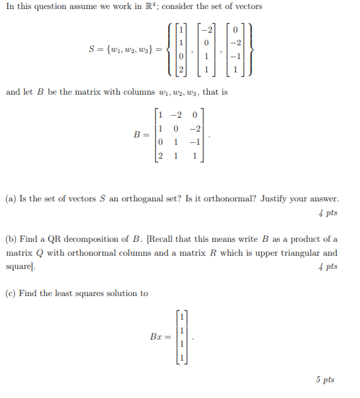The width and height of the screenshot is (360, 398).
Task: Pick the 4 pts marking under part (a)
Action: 327,213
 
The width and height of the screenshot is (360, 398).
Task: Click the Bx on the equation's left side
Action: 156,336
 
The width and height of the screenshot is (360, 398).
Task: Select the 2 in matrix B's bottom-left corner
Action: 160,156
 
